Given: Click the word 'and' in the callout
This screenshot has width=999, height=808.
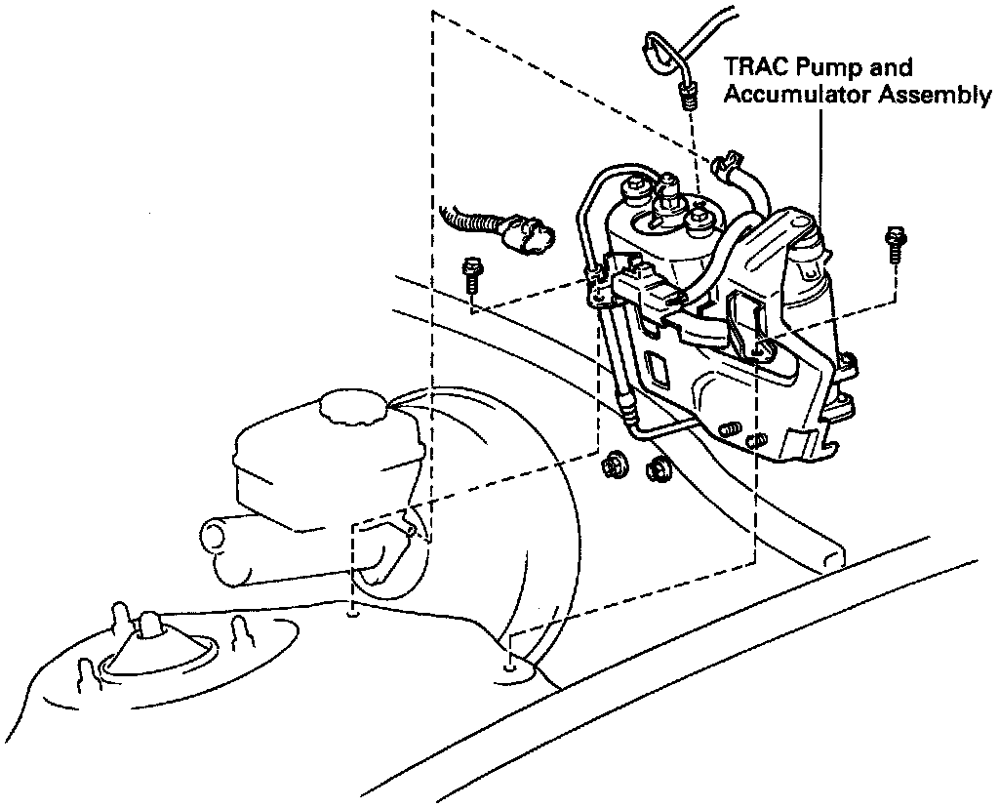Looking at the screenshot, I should (891, 68).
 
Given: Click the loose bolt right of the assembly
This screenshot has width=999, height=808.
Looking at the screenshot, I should (892, 243).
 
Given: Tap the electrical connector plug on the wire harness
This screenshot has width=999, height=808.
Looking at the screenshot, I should (528, 234).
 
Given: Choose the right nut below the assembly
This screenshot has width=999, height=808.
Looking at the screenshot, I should (659, 468).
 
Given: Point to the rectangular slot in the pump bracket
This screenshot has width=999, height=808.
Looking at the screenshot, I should (657, 370).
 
